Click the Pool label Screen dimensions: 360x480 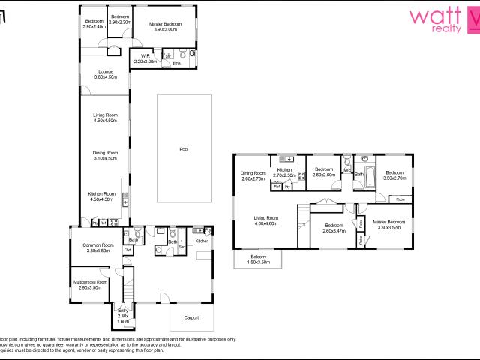(184, 149)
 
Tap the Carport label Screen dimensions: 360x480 (190, 318)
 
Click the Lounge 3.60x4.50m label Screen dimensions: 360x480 (104, 74)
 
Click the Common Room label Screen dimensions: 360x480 (97, 247)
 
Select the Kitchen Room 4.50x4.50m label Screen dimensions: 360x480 (101, 196)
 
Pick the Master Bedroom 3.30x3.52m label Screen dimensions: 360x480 (389, 225)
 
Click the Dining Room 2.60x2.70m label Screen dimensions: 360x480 (253, 177)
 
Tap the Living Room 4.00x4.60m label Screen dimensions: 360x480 (265, 221)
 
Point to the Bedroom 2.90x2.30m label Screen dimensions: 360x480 (120, 19)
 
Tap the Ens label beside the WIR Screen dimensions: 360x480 (176, 63)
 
